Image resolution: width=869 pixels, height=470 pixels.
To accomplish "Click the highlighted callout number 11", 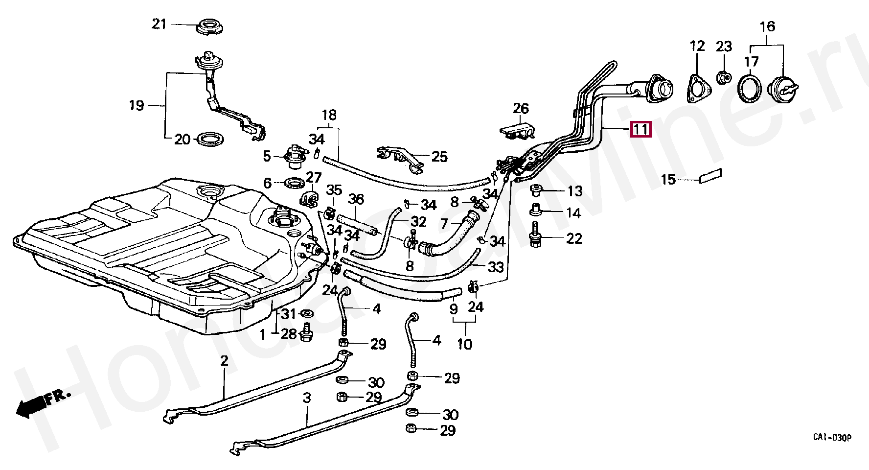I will coord(641,129).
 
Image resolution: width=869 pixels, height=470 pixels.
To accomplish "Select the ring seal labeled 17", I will coord(750,89).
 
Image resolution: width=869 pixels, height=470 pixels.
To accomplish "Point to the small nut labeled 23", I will coord(724,77).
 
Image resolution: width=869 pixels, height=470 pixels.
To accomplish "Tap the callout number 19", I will coord(137,105).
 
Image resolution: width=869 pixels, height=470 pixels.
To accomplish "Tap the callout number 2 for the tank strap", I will coord(224,362).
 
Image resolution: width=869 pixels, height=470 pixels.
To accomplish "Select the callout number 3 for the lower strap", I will coord(307,398).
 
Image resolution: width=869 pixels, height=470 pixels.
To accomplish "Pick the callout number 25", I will coord(439,157).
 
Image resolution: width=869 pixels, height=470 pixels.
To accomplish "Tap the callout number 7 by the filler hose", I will coord(444,224).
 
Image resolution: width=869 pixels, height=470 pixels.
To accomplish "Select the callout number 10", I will coord(464,344).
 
